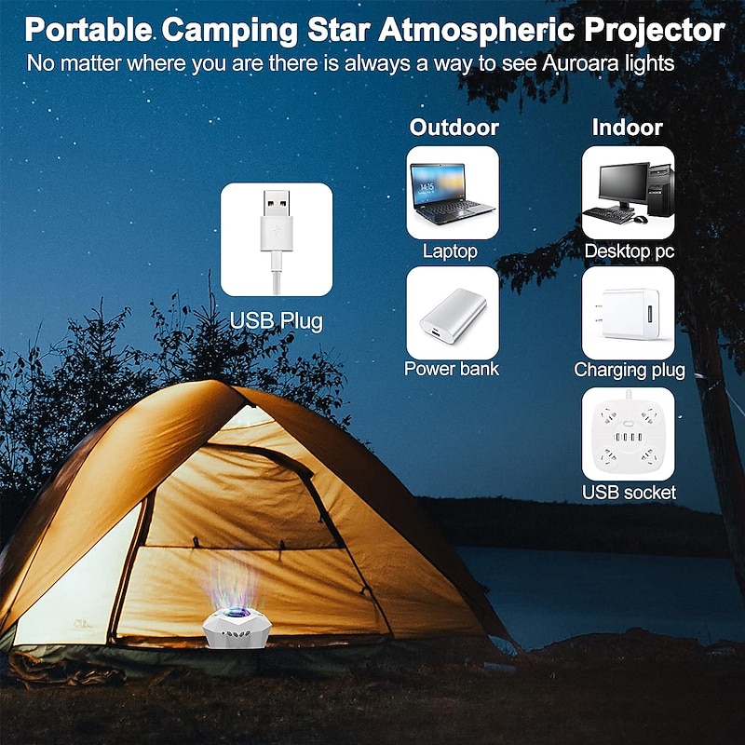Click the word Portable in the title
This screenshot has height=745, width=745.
click(x=88, y=30)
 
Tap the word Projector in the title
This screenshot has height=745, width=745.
click(x=653, y=30)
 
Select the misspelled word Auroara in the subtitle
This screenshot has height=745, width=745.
click(x=545, y=64)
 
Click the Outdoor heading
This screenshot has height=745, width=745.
click(x=454, y=128)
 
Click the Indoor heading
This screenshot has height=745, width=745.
click(x=627, y=128)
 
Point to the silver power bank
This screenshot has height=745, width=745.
click(x=452, y=312)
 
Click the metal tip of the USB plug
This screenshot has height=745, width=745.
click(x=276, y=204)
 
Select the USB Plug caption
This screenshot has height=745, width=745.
click(x=277, y=322)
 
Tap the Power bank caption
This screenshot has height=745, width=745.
click(x=452, y=369)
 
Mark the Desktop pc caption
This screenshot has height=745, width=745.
click(x=629, y=251)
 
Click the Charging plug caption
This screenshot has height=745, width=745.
click(x=629, y=370)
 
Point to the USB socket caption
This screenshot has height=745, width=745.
click(x=629, y=492)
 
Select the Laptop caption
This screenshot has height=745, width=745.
click(x=450, y=251)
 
